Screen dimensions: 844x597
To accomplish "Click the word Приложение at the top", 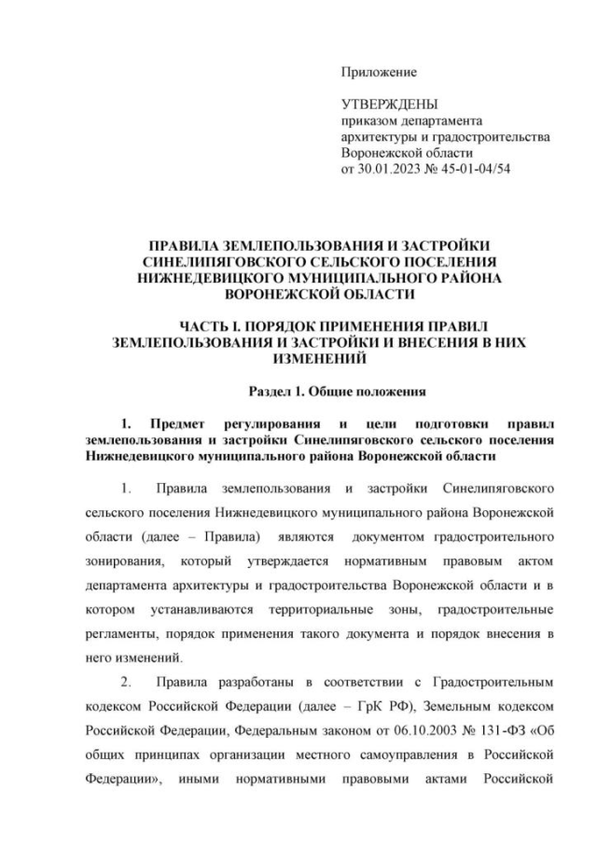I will (x=379, y=72).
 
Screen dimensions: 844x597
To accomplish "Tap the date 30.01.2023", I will (x=393, y=169).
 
